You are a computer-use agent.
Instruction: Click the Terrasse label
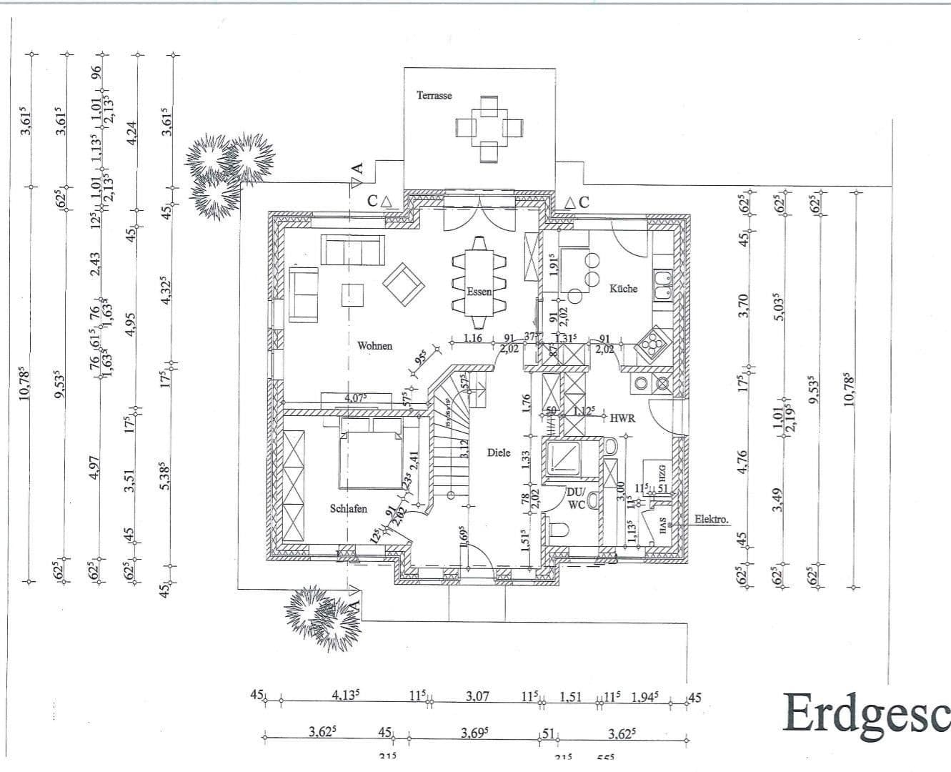point(434,95)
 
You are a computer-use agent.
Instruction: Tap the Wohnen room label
point(374,346)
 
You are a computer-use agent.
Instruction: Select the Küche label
point(623,289)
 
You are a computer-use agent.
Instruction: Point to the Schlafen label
point(349,508)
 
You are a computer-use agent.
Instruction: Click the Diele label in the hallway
point(499,452)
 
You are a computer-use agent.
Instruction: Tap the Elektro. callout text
point(711,520)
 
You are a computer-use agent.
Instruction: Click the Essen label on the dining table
point(479,292)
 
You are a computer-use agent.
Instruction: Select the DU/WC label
point(576,498)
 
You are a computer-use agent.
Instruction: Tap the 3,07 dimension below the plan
point(477,696)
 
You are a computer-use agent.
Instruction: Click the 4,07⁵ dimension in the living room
point(357,398)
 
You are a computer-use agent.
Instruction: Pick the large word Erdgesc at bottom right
point(865,713)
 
